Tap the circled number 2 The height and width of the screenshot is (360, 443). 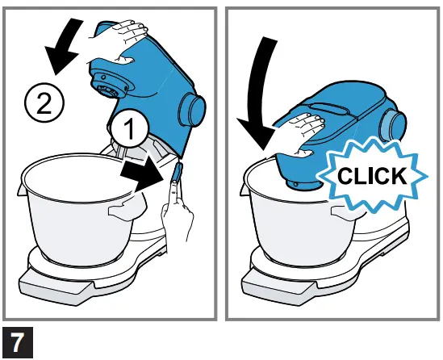(x=42, y=103)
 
